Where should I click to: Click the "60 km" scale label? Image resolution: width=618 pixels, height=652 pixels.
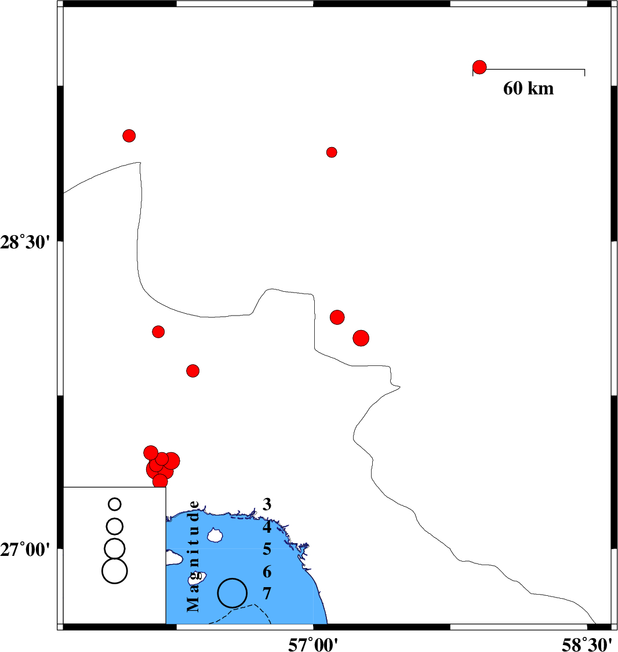(529, 89)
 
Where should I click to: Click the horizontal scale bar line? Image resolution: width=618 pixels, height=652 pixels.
(529, 69)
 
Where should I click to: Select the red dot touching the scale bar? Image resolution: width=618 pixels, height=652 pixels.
(479, 67)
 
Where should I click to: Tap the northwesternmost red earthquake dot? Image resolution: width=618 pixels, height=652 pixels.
(129, 135)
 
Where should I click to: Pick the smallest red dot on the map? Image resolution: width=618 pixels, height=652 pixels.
(332, 152)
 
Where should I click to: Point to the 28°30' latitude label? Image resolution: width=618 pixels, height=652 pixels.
(25, 242)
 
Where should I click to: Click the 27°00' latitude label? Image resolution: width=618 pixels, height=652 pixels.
(25, 550)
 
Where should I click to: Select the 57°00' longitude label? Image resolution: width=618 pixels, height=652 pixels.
(312, 645)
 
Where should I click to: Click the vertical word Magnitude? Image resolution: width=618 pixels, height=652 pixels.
(193, 557)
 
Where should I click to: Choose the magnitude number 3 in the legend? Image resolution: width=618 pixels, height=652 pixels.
(267, 504)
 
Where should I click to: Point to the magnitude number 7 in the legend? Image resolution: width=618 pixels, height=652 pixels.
(267, 594)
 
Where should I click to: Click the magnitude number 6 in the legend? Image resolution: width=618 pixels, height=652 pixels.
(267, 572)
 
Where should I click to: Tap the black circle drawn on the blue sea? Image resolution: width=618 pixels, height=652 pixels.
(232, 579)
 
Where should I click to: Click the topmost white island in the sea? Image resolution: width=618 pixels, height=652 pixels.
(215, 535)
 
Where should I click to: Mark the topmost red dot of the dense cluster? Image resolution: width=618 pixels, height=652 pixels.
(151, 452)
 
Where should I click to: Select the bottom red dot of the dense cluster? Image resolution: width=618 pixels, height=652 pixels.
(160, 482)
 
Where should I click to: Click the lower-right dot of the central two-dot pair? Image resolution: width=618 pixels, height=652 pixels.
(361, 338)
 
